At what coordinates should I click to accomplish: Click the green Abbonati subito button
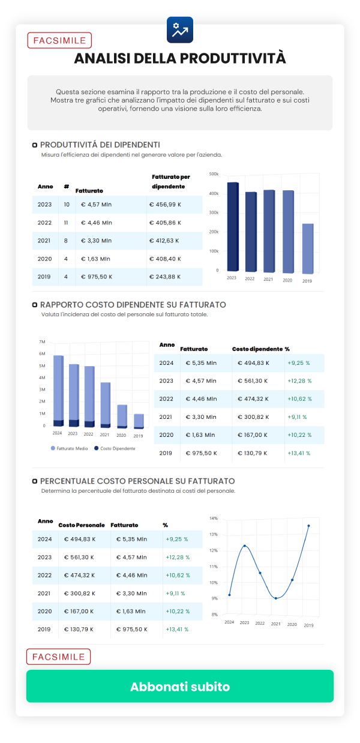pyautogui.click(x=180, y=687)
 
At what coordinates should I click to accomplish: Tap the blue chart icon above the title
pyautogui.click(x=179, y=29)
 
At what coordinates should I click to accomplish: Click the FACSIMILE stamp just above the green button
pyautogui.click(x=58, y=657)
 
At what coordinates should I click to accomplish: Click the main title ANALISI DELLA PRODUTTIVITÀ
pyautogui.click(x=180, y=58)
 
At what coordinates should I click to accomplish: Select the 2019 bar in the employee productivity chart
pyautogui.click(x=307, y=248)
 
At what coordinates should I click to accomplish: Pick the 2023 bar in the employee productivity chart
pyautogui.click(x=233, y=226)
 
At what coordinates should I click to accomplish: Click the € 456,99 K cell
pyautogui.click(x=169, y=205)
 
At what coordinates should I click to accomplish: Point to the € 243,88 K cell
pyautogui.click(x=169, y=277)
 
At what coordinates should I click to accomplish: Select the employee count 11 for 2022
pyautogui.click(x=66, y=223)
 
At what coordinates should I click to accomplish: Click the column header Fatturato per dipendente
pyautogui.click(x=171, y=181)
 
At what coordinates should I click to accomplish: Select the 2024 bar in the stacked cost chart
pyautogui.click(x=58, y=390)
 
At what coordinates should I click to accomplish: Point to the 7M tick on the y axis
pyautogui.click(x=42, y=341)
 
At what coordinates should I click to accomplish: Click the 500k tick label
pyautogui.click(x=214, y=174)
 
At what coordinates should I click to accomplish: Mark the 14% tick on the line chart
pyautogui.click(x=214, y=518)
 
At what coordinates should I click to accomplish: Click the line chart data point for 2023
pyautogui.click(x=244, y=546)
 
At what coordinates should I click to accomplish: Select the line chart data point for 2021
pyautogui.click(x=275, y=598)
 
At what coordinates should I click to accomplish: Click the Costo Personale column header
pyautogui.click(x=82, y=525)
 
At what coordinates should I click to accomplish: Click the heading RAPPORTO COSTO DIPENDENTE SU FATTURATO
pyautogui.click(x=133, y=305)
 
